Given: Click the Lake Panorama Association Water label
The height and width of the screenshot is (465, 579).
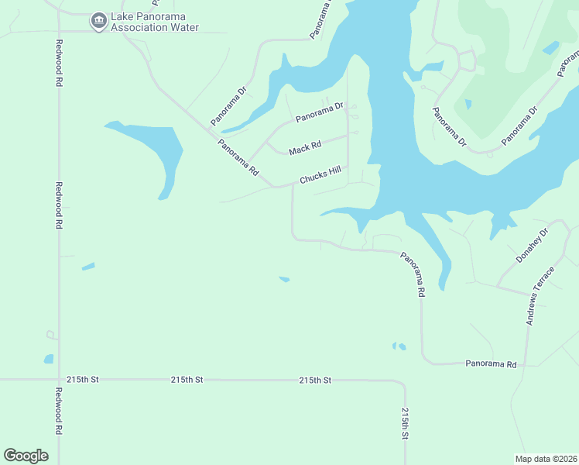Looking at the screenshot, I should click(155, 22).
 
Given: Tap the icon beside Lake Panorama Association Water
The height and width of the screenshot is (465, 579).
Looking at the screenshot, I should click(98, 21).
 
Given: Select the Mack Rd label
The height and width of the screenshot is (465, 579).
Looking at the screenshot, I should click(304, 147).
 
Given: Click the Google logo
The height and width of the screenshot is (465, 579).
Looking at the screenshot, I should click(26, 456).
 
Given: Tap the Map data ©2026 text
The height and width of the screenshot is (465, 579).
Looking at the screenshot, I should click(546, 458).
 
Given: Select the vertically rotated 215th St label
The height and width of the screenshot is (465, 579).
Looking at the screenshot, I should click(404, 424).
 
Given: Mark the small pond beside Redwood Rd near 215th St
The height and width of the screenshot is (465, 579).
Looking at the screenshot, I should click(49, 359).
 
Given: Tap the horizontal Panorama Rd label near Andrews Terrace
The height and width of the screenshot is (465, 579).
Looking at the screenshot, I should click(490, 363).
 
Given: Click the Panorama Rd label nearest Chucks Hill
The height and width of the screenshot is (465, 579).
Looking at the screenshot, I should click(238, 157).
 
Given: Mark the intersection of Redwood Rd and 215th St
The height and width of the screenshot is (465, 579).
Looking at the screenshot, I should click(59, 380).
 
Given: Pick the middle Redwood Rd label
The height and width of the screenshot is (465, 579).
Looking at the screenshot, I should click(59, 205).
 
